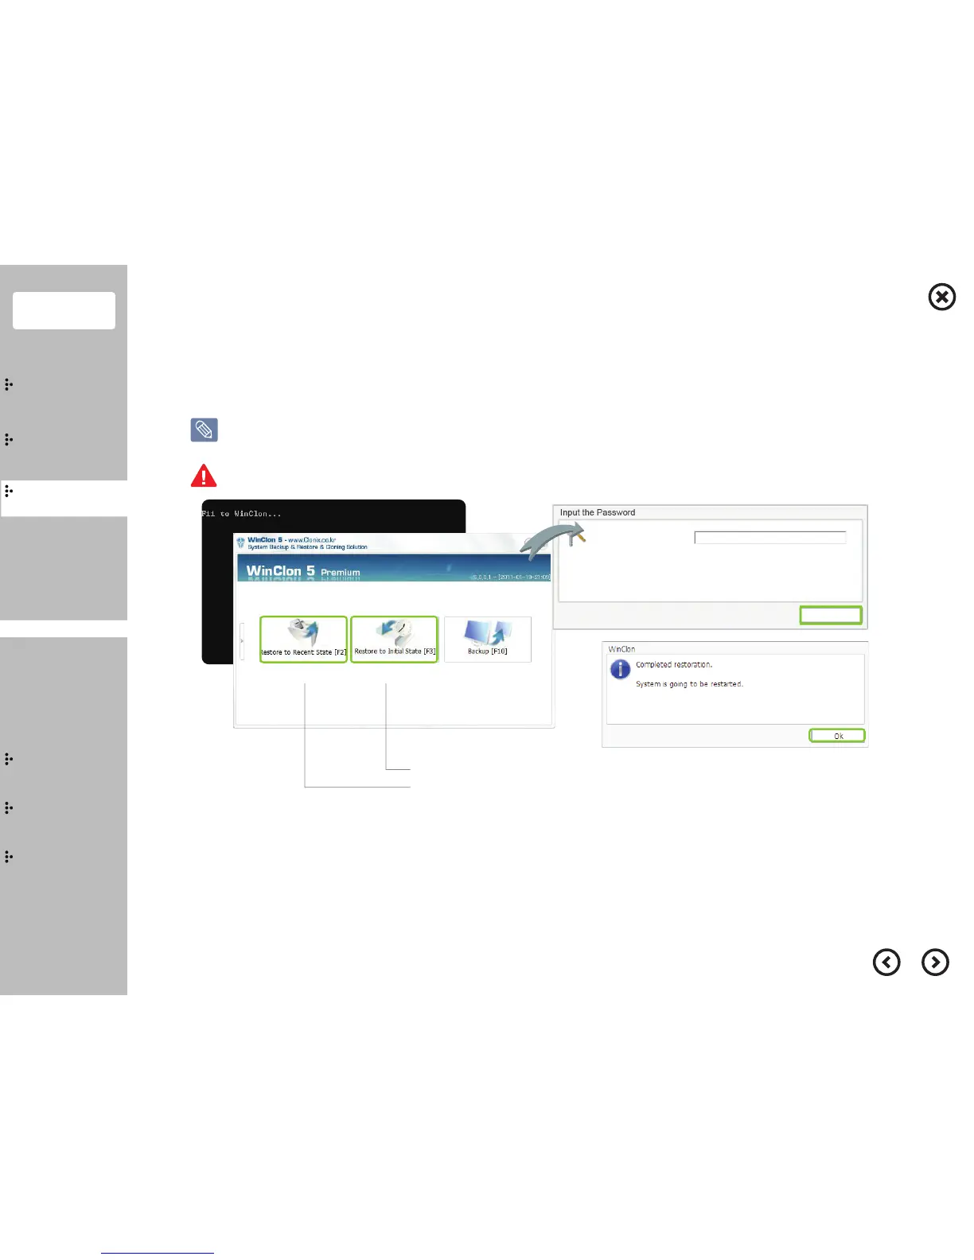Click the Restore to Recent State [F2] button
(303, 639)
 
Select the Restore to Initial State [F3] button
(395, 639)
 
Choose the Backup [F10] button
(487, 639)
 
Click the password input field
(769, 538)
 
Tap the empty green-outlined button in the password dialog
(831, 615)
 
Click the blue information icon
(620, 670)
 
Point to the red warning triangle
(204, 476)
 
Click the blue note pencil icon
(204, 430)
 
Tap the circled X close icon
(942, 297)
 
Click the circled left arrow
(886, 962)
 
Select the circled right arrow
(935, 962)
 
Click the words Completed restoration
(674, 665)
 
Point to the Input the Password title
(598, 513)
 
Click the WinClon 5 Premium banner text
(303, 571)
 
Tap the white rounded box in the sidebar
(64, 310)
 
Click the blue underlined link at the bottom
(158, 1253)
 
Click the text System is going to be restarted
(689, 684)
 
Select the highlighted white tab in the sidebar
(64, 499)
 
